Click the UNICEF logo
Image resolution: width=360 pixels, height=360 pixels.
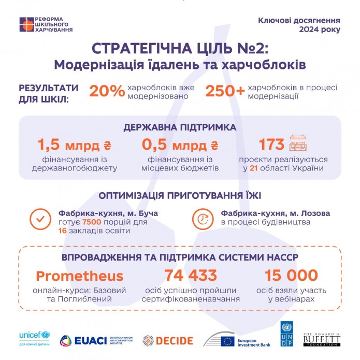click(34, 338)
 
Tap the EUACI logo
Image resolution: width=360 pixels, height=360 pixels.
click(96, 341)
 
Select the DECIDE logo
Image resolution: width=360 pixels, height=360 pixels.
click(168, 341)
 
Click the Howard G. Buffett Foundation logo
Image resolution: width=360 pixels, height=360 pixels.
click(322, 340)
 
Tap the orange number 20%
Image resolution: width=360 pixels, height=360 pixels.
click(107, 91)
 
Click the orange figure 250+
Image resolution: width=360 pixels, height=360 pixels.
click(225, 91)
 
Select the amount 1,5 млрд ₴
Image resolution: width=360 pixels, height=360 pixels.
click(75, 145)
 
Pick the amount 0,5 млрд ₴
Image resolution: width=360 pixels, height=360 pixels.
click(180, 145)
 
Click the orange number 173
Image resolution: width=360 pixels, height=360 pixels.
click(271, 145)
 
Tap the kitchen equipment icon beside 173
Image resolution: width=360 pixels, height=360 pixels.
click(298, 143)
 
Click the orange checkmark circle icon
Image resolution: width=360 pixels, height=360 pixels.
click(40, 219)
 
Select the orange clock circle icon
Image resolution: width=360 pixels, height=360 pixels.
click(203, 219)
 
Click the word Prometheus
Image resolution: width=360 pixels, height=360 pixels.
click(80, 276)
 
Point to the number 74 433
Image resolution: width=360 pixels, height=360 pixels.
click(191, 275)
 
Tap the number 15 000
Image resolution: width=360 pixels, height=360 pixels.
click(291, 275)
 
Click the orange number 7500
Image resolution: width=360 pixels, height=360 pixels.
click(92, 222)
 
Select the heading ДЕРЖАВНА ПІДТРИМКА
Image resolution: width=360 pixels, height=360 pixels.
click(180, 127)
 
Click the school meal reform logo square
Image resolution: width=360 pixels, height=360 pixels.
click(26, 24)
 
